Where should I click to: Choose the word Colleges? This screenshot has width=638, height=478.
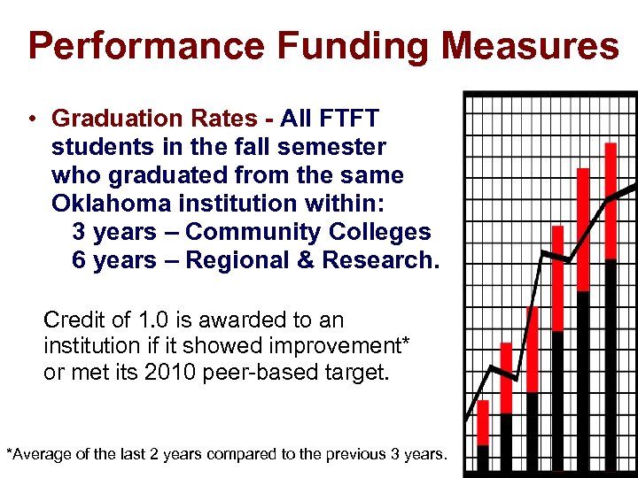[x=380, y=232]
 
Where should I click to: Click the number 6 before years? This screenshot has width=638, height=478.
[x=78, y=260]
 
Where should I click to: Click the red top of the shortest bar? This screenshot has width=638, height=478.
[x=483, y=422]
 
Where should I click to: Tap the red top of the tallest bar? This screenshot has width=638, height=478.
[x=611, y=200]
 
